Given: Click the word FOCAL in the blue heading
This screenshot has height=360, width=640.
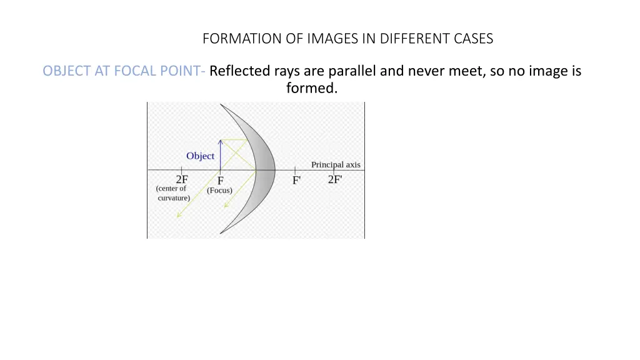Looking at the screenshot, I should [132, 71].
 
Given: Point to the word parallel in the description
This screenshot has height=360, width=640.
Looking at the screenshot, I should [352, 71].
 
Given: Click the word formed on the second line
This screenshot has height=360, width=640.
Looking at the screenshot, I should [311, 89].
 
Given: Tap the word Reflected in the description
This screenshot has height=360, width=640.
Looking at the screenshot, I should [240, 71].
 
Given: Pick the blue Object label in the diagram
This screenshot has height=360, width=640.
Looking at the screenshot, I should [200, 156].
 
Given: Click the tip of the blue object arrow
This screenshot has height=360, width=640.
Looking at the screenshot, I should [220, 140].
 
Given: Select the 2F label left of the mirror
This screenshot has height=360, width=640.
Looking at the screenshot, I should [182, 179].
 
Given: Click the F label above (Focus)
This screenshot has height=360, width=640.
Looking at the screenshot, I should [221, 181].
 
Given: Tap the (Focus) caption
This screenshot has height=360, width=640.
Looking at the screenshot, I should [219, 191].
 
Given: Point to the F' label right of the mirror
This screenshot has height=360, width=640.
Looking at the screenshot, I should [296, 181].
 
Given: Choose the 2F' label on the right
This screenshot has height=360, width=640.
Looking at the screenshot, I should [335, 179].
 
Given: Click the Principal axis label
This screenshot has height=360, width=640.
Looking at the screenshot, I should [336, 165].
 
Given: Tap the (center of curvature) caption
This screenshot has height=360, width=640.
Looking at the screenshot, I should [172, 193].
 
